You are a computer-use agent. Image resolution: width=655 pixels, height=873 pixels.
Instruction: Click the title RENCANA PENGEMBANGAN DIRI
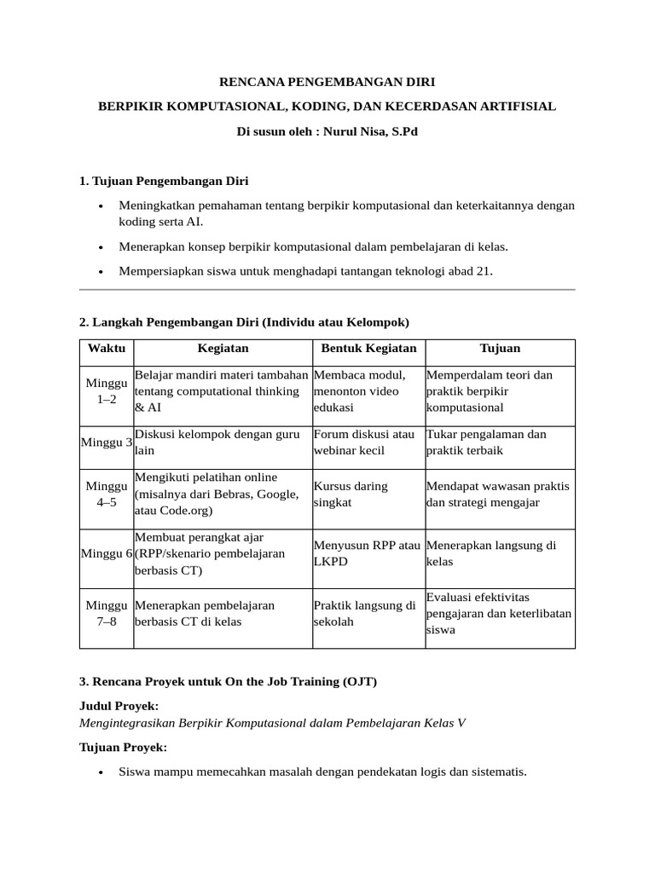tap(327, 82)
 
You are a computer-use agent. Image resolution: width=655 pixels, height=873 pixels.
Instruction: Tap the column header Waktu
tap(106, 348)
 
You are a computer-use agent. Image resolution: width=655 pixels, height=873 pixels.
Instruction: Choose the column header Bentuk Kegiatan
tap(368, 348)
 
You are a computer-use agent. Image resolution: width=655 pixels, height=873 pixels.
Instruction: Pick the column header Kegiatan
tap(223, 348)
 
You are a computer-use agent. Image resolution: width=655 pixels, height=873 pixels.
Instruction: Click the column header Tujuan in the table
tap(500, 348)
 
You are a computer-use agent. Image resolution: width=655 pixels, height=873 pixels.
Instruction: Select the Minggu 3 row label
tap(107, 442)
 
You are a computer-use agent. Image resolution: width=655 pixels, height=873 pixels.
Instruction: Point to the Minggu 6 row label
tap(107, 553)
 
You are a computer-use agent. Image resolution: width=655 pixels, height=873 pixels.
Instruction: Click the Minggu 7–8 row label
tap(107, 613)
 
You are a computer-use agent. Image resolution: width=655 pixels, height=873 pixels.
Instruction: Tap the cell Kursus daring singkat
tap(351, 494)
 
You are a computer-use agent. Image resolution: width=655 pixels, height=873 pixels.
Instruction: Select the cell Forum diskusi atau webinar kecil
tap(364, 442)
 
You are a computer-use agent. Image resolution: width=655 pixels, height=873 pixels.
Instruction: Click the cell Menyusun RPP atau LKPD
tap(367, 553)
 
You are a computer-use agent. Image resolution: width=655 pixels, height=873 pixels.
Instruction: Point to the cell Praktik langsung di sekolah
tap(364, 613)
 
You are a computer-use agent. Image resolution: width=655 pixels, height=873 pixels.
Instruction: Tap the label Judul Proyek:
tap(119, 706)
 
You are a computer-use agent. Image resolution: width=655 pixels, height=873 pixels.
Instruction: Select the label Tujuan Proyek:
tap(123, 747)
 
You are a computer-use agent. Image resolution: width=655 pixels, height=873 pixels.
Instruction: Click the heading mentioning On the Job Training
tap(228, 681)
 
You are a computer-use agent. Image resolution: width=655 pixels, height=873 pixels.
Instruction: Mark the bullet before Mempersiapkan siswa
tap(101, 272)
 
